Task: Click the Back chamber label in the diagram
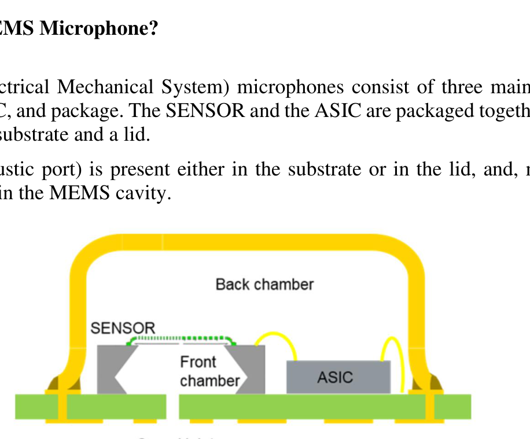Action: [x=264, y=284]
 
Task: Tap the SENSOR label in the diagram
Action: [x=123, y=328]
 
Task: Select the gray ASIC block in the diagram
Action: [x=338, y=377]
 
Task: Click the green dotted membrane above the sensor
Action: [x=181, y=339]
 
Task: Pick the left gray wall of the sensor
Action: [x=107, y=371]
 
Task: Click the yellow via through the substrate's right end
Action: [x=431, y=407]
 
